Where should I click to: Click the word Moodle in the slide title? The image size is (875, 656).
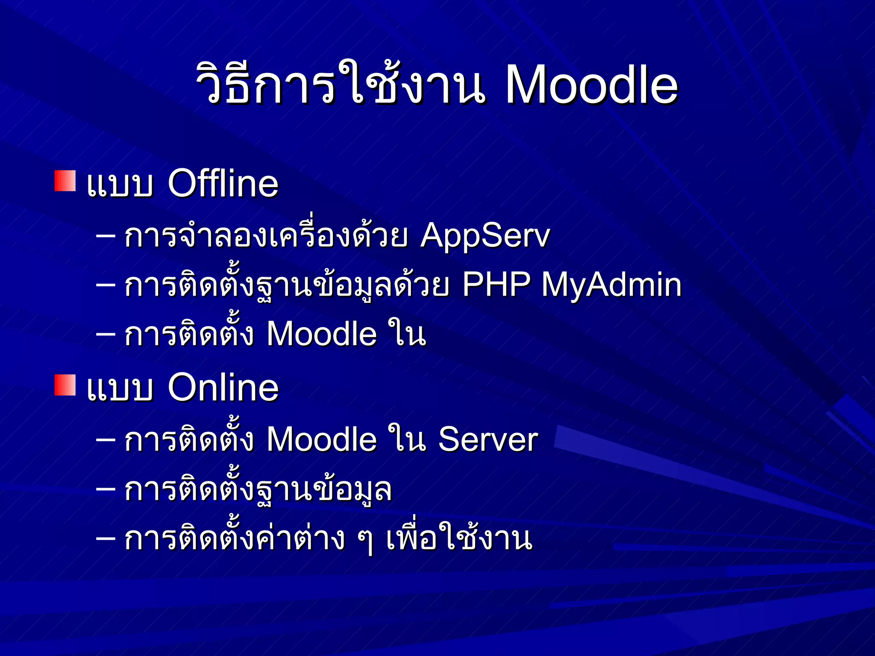pos(591,85)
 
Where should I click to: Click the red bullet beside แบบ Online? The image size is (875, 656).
pos(65,385)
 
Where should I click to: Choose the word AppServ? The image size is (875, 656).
pos(485,236)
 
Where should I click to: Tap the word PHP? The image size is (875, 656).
pos(496,284)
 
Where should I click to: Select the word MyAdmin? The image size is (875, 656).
pos(611,284)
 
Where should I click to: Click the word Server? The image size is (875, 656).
pos(488,439)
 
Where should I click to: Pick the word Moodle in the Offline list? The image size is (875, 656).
pos(322,334)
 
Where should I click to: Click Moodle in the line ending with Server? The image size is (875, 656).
pos(322,439)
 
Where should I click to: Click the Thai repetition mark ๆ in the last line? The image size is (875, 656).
pos(365,542)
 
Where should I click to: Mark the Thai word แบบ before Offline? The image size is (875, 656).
pos(120,184)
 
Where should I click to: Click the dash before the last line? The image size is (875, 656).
pos(106,538)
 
